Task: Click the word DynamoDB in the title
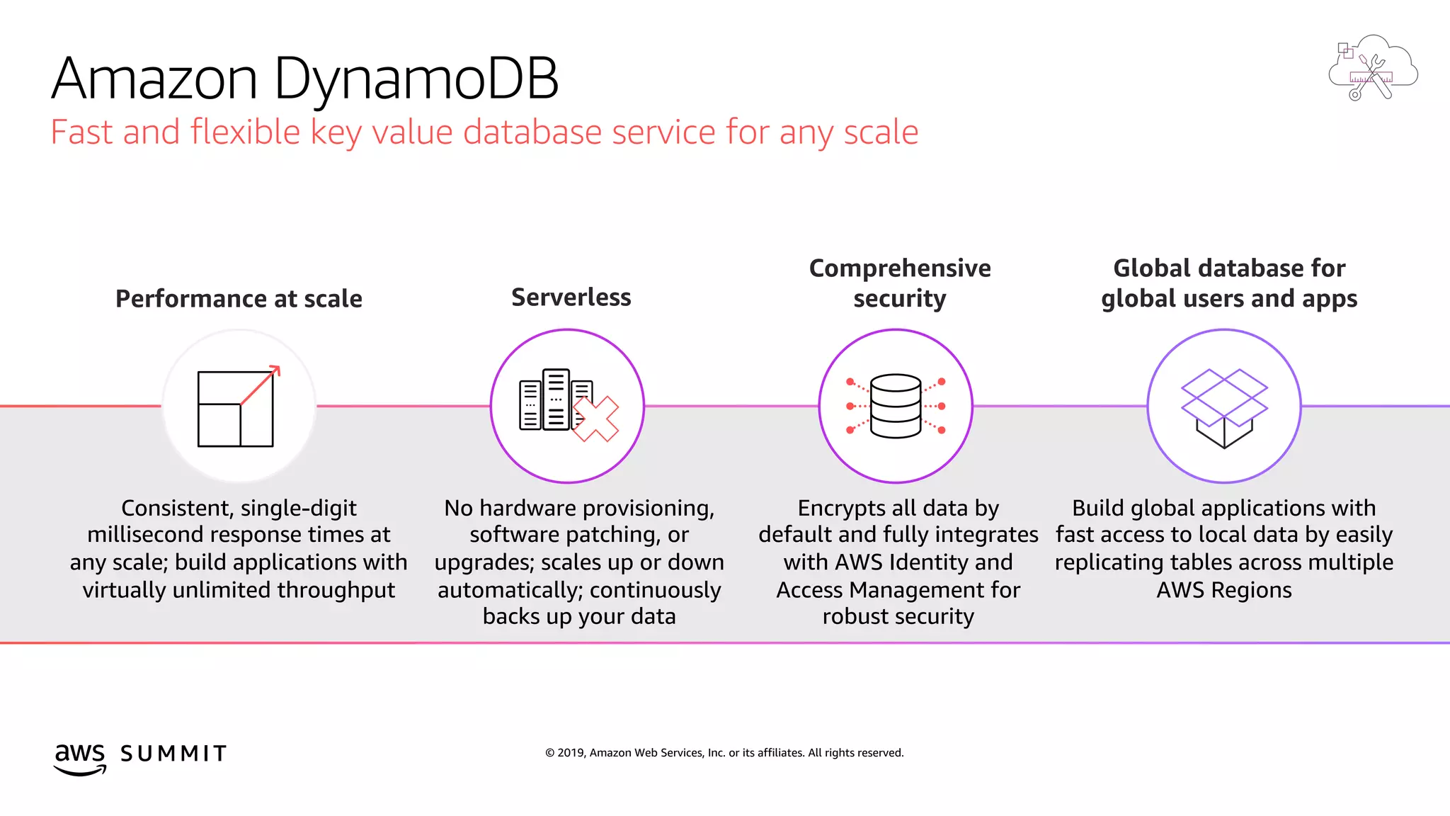(x=416, y=79)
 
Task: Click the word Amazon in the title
(x=154, y=79)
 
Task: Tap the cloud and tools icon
(x=1372, y=68)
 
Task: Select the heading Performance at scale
(x=239, y=299)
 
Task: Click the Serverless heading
(x=571, y=297)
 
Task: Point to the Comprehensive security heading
(x=899, y=283)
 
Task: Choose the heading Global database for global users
(x=1229, y=283)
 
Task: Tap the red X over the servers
(x=595, y=419)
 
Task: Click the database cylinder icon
(x=896, y=406)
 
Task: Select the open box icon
(x=1224, y=407)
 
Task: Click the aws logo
(x=80, y=758)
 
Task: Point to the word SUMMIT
(x=173, y=754)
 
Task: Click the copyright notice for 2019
(x=724, y=753)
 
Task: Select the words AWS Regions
(x=1223, y=590)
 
